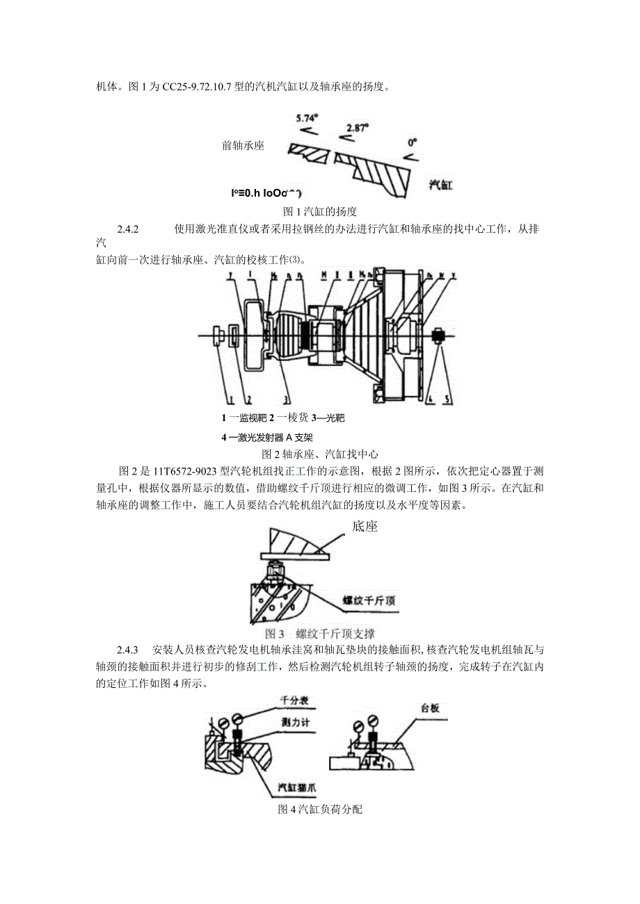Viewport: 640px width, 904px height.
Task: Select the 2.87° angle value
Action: pyautogui.click(x=358, y=128)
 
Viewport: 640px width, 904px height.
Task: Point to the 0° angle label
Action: pyautogui.click(x=413, y=142)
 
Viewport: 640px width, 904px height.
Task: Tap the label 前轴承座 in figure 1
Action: pyautogui.click(x=243, y=146)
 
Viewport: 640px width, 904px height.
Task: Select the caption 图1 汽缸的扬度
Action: pyautogui.click(x=319, y=211)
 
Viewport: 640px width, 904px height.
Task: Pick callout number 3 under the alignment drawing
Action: pyautogui.click(x=285, y=400)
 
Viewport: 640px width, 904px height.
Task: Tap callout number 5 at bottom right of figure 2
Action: pyautogui.click(x=447, y=400)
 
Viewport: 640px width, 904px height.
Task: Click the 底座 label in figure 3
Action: pyautogui.click(x=365, y=526)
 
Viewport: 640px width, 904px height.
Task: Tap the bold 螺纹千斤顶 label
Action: pyautogui.click(x=369, y=600)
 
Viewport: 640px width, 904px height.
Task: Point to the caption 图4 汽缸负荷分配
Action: pyautogui.click(x=320, y=810)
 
